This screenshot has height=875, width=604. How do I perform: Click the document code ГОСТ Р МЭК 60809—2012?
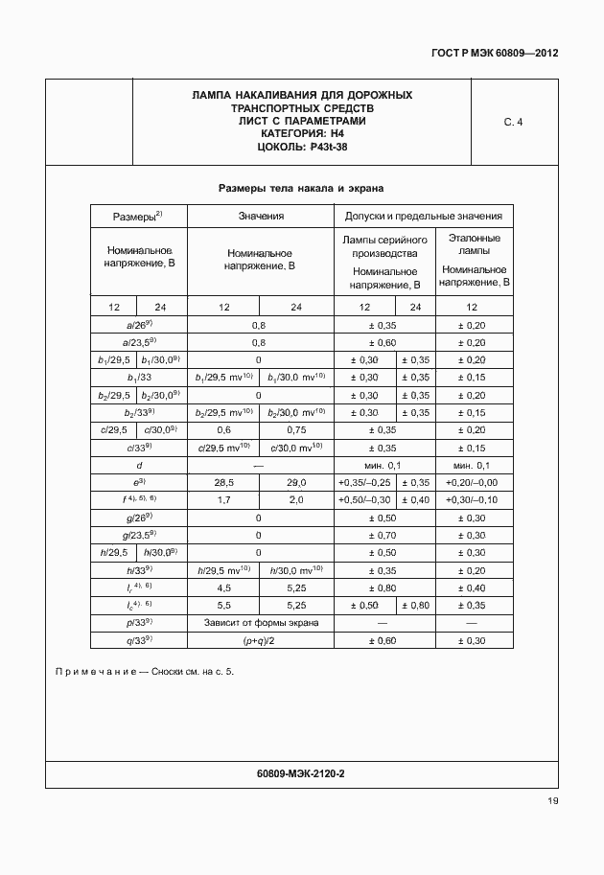click(495, 53)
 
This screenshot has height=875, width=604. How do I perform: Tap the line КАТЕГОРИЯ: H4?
click(302, 134)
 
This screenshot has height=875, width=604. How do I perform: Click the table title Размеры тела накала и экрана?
click(301, 188)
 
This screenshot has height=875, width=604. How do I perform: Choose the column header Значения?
click(261, 217)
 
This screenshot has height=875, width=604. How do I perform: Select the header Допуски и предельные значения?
click(423, 217)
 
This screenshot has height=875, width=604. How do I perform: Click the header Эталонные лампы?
click(475, 243)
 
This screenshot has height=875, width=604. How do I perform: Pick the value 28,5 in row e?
click(223, 481)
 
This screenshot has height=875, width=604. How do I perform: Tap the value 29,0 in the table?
click(296, 481)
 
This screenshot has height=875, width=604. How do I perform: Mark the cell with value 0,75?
click(296, 429)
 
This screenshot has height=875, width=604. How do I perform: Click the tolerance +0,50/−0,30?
click(364, 498)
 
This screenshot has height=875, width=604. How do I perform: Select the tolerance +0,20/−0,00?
click(475, 481)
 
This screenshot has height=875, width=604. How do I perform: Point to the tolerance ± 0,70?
click(383, 534)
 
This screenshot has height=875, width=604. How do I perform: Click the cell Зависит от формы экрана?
click(260, 621)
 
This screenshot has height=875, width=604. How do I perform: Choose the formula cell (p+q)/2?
click(260, 638)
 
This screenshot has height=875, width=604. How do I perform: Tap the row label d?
click(139, 464)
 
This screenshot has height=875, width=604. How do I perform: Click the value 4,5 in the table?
click(223, 587)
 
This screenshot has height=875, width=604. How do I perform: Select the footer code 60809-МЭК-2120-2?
click(301, 772)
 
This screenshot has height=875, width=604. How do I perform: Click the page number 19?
click(552, 801)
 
